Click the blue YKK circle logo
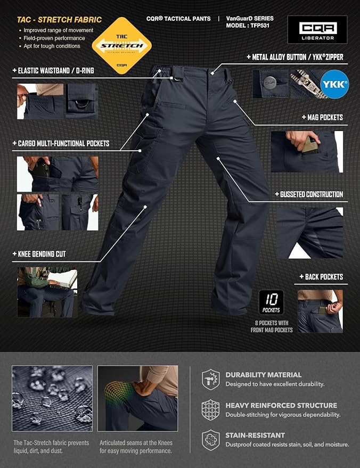334,84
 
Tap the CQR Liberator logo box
317,29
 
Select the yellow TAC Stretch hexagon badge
122,46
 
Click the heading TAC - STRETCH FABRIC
59,20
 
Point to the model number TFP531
258,26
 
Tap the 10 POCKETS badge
271,302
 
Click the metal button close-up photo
271,84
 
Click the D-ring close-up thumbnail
81,101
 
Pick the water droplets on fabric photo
52,398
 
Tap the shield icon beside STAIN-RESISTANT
211,440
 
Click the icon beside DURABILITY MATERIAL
211,379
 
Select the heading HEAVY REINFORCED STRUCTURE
281,405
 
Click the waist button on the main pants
212,73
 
